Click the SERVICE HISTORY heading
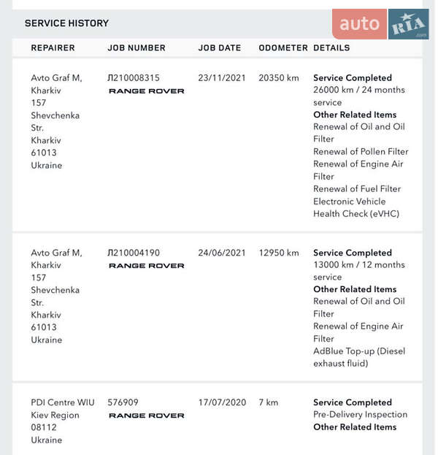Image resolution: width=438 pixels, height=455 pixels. click(66, 23)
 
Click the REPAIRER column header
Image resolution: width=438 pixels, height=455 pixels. click(53, 48)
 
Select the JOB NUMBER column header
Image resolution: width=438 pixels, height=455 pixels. click(137, 48)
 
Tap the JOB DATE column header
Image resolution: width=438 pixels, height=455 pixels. click(219, 48)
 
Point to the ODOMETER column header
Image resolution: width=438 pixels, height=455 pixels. click(283, 48)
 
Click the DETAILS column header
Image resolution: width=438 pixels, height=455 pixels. click(331, 48)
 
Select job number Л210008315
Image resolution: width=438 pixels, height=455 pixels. click(134, 77)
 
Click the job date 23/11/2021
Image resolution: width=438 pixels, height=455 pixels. click(222, 77)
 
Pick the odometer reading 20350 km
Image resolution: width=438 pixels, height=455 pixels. click(279, 77)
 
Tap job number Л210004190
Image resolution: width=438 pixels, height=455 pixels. click(134, 253)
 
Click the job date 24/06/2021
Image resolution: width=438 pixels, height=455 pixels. click(222, 253)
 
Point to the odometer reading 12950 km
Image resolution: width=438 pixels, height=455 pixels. click(279, 253)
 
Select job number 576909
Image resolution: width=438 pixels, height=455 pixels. click(123, 402)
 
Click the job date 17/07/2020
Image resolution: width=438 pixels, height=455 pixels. click(222, 402)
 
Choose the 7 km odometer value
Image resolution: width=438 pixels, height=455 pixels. click(269, 402)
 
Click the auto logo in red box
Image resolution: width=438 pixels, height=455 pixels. click(360, 24)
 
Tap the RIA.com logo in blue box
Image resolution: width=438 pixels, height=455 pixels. click(408, 25)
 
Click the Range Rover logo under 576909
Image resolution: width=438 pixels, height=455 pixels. click(146, 416)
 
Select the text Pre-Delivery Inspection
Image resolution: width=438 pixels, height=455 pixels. click(360, 415)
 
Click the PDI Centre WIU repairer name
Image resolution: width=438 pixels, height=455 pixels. click(63, 402)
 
